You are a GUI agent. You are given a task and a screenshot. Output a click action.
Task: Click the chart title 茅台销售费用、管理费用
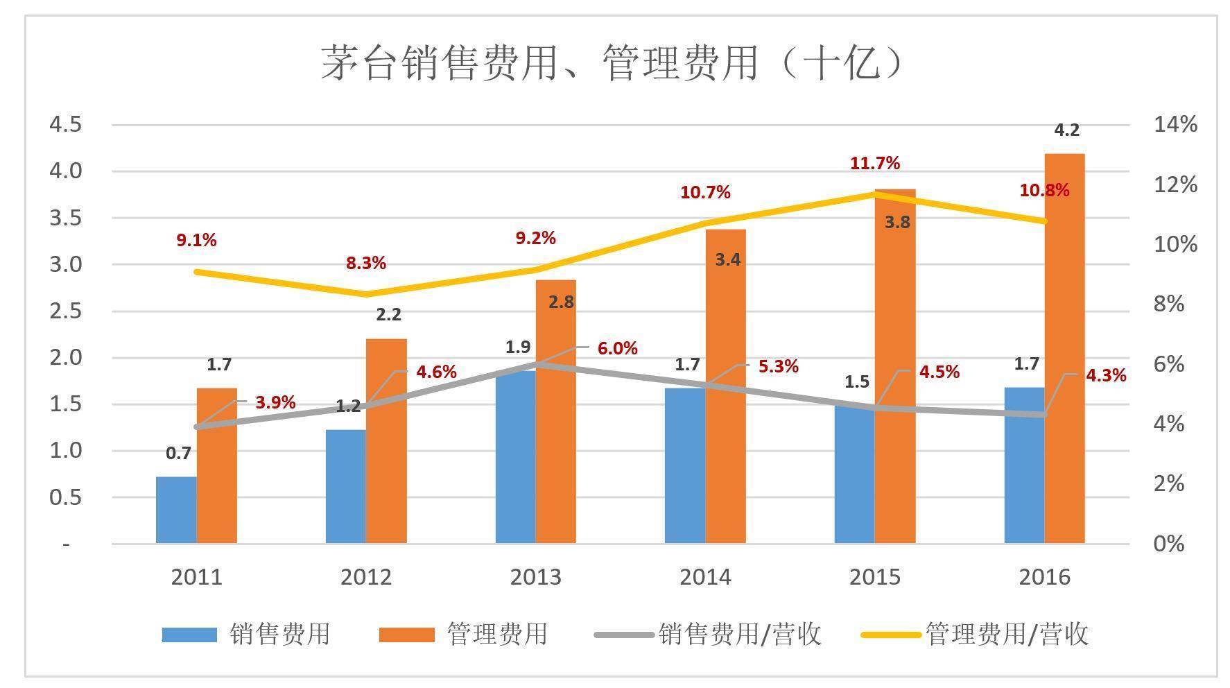pos(614,64)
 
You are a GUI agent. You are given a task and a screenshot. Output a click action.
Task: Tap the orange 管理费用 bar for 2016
pos(1064,347)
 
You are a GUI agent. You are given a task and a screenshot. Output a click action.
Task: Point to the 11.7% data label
pos(874,164)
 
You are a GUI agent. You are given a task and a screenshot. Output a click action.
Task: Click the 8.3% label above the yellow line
pos(365,264)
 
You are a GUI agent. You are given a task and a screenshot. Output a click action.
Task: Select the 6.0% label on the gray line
pos(617,348)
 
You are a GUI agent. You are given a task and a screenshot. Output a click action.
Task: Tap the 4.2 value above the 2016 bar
pos(1066,130)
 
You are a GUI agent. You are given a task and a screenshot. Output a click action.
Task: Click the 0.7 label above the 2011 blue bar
pos(178,454)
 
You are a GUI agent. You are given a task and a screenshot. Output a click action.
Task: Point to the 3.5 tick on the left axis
pos(65,218)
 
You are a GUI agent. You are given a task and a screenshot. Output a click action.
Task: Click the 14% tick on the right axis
pos(1175,125)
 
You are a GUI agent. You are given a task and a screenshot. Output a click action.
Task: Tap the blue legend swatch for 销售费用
pos(189,634)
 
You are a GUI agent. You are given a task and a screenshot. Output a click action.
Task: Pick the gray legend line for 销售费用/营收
pos(624,634)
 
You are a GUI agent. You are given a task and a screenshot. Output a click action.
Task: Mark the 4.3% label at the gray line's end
pos(1106,376)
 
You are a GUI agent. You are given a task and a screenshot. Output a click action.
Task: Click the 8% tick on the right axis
pos(1169,304)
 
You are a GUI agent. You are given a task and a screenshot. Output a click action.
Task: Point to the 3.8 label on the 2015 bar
pos(897,223)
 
